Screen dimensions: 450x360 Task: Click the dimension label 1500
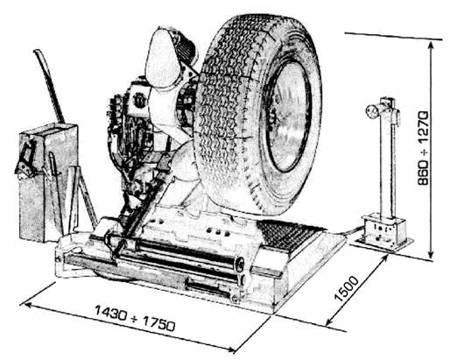[346, 288]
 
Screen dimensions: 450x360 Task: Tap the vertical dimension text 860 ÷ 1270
[423, 148]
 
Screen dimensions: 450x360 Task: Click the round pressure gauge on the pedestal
[371, 111]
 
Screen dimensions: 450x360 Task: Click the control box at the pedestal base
[383, 229]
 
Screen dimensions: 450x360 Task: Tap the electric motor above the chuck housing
[186, 46]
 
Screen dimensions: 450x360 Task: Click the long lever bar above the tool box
[50, 86]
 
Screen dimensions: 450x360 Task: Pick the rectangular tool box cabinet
[48, 182]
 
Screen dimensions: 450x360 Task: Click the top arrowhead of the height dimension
[431, 45]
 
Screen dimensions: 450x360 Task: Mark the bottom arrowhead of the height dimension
[431, 256]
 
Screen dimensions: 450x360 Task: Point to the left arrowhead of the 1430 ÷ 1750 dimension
[27, 305]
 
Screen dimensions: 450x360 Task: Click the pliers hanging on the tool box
[25, 159]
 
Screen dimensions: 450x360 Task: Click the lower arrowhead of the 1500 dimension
[328, 322]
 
